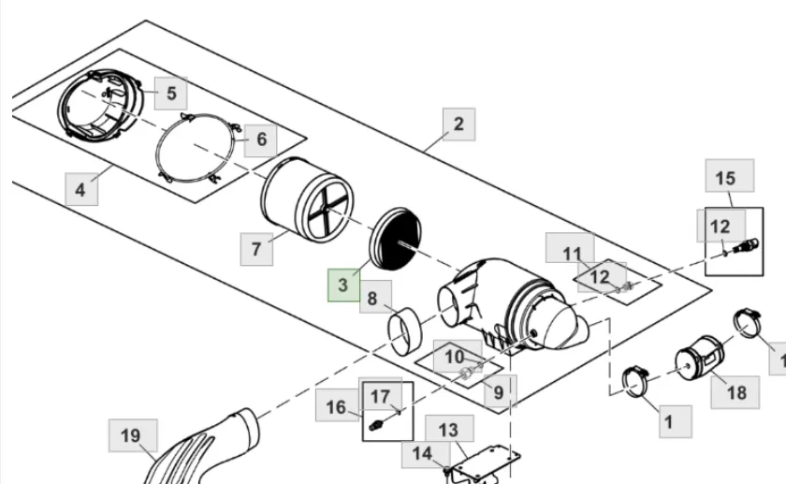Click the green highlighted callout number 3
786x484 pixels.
(x=343, y=285)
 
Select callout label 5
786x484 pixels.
(x=171, y=94)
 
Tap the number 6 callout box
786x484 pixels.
(x=261, y=139)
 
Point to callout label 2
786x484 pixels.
(x=458, y=124)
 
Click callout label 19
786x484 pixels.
(x=133, y=435)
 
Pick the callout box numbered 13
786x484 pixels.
(x=450, y=430)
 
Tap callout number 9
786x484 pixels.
(x=500, y=391)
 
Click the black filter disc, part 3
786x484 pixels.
(x=396, y=238)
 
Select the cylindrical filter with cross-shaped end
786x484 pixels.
(x=307, y=199)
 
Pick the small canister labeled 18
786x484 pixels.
(x=700, y=359)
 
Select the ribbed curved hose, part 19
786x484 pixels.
(x=200, y=447)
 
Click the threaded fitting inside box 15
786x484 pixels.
(x=746, y=246)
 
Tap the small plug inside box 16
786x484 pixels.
(x=376, y=426)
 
